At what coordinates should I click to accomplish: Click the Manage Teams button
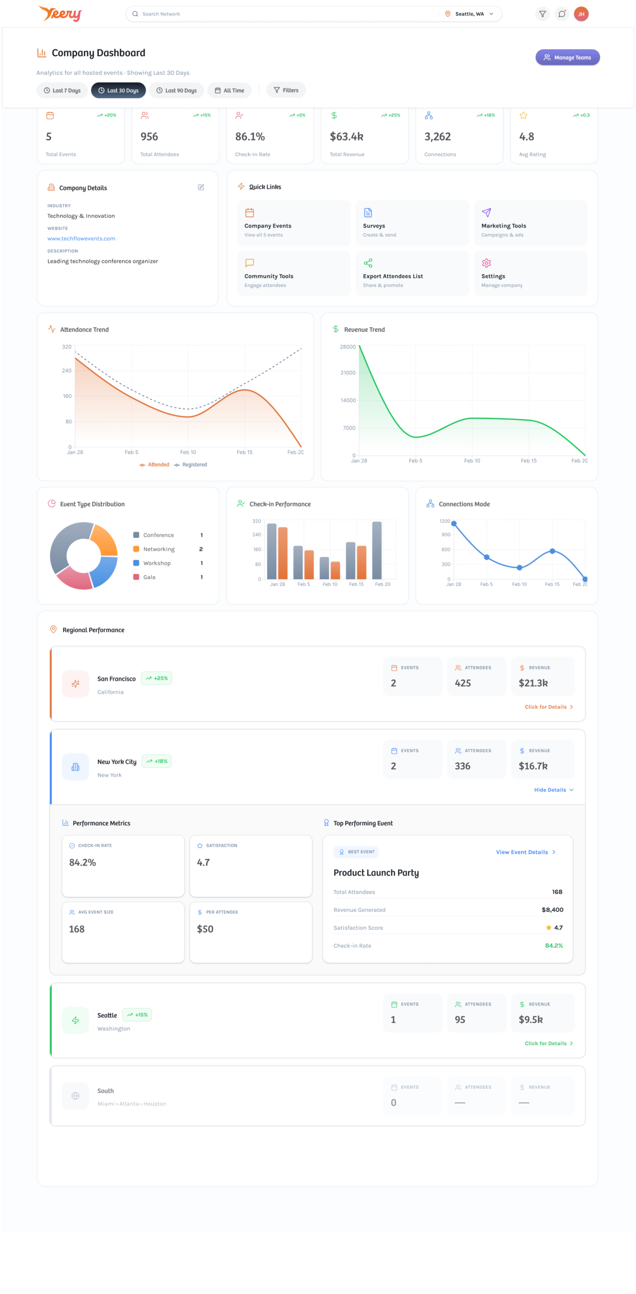tap(567, 58)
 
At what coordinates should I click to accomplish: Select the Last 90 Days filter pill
tap(177, 90)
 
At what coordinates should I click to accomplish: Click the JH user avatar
tap(581, 14)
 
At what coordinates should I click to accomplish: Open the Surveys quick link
tap(412, 223)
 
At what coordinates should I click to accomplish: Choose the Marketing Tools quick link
tap(530, 223)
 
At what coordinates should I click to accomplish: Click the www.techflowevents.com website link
tap(81, 239)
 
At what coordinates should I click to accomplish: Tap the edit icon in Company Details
tap(201, 188)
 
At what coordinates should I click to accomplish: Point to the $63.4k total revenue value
tap(347, 137)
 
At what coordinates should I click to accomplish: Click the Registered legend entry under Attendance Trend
tap(191, 465)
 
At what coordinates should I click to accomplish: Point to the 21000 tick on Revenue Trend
tap(348, 373)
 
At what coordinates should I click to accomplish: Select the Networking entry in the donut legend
tap(158, 549)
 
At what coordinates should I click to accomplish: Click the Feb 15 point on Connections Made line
tap(552, 551)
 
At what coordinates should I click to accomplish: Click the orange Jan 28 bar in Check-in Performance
tap(283, 553)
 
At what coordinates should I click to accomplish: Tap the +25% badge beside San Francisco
tap(157, 678)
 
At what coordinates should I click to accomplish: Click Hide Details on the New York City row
tap(554, 790)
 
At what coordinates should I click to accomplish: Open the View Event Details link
tap(525, 852)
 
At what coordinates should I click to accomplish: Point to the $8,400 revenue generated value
tap(552, 910)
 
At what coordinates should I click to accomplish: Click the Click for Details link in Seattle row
tap(548, 1043)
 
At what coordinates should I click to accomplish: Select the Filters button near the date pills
tap(286, 90)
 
